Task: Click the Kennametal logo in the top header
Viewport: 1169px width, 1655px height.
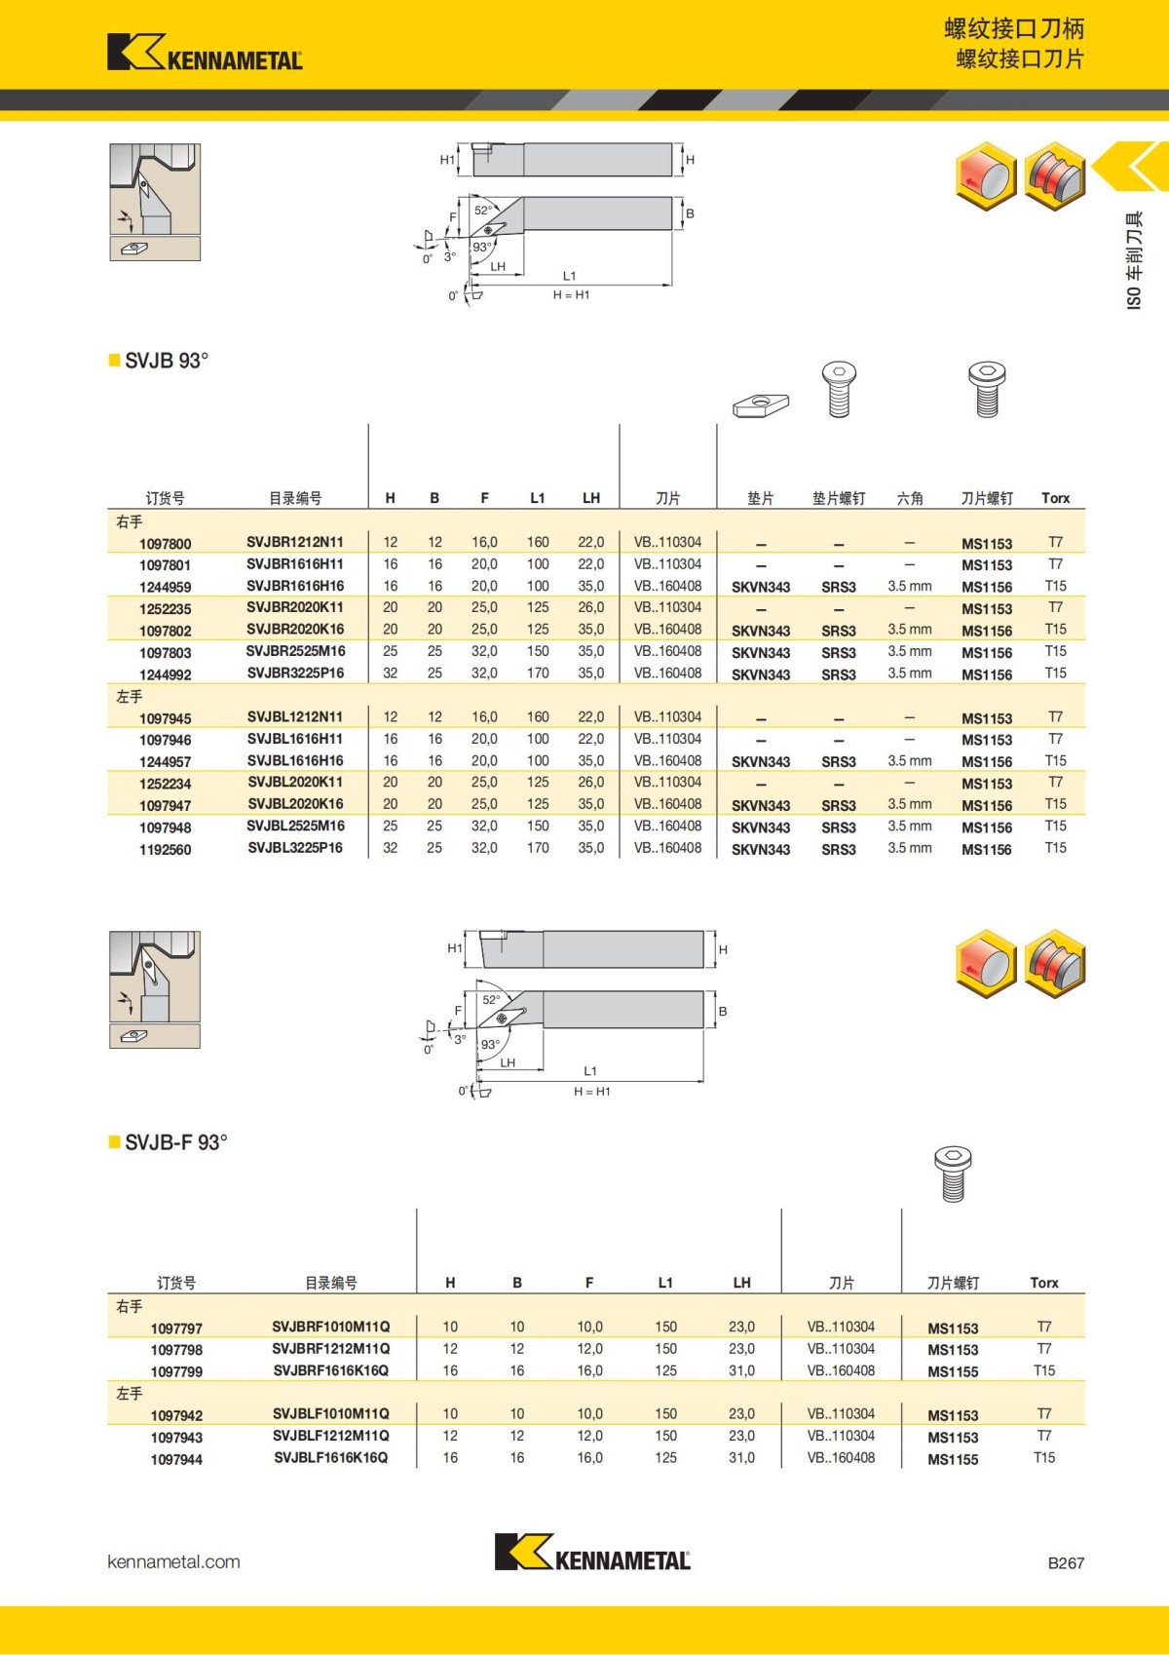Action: (205, 53)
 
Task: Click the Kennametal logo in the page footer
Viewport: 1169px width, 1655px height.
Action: (592, 1553)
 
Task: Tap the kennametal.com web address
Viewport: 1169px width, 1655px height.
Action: (173, 1561)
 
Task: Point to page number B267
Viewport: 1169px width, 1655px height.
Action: (1066, 1562)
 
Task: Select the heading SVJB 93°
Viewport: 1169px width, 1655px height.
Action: (166, 361)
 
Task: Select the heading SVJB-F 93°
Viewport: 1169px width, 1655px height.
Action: (175, 1142)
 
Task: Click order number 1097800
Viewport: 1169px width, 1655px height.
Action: (166, 544)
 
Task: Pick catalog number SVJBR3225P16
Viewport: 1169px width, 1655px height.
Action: (295, 674)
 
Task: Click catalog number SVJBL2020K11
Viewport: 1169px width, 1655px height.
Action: (295, 783)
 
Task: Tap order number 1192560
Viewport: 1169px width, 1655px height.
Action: (166, 850)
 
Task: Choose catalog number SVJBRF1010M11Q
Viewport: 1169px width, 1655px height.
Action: (331, 1327)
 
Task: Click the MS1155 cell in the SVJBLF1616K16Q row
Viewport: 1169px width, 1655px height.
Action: (953, 1459)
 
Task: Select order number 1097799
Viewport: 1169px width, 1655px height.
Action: (176, 1371)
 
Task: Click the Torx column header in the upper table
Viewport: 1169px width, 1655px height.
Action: (1055, 498)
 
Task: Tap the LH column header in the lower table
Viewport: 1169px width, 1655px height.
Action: (742, 1283)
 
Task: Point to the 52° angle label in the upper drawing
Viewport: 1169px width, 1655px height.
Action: (483, 211)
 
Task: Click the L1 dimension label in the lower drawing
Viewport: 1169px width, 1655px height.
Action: (590, 1071)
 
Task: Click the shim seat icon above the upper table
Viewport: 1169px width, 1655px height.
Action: (761, 404)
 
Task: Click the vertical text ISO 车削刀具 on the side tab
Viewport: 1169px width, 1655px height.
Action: (1134, 261)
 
